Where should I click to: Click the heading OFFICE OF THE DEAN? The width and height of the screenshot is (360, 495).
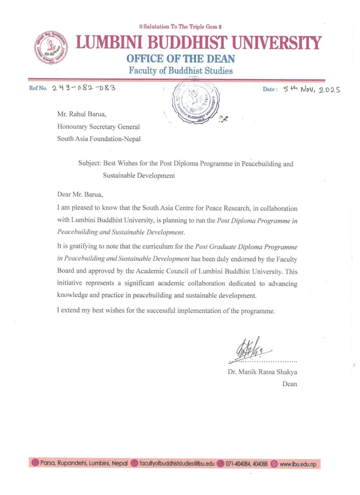[180, 59]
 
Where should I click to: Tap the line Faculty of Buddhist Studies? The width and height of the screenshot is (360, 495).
[180, 71]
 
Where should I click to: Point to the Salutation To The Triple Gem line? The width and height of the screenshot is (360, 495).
[180, 27]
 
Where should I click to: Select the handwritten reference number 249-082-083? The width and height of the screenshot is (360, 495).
[83, 88]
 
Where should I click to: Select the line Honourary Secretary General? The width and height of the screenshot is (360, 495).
[98, 127]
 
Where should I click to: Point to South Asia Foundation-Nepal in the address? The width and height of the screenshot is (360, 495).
[99, 139]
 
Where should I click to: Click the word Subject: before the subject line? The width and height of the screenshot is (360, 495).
[90, 163]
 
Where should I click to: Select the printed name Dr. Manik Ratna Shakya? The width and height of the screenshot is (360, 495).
[262, 372]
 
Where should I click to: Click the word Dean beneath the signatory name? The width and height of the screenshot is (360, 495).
[289, 384]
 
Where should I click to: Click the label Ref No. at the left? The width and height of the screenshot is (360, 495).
[38, 89]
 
